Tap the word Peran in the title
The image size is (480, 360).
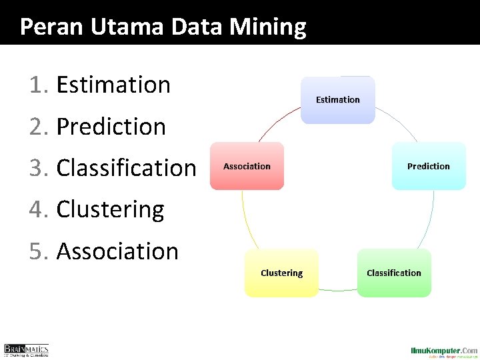[44, 27]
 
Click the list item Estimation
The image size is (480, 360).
[113, 85]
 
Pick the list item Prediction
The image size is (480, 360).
[111, 127]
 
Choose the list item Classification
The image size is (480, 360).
[126, 168]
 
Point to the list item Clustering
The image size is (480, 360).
[110, 209]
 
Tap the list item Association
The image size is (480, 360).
[117, 251]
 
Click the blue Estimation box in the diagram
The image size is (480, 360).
[338, 100]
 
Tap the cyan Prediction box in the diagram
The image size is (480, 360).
[428, 166]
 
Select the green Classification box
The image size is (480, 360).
[394, 273]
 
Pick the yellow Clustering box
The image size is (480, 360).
[281, 273]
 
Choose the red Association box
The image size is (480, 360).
[247, 166]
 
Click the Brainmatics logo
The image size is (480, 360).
[27, 350]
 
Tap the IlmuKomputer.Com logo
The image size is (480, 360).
[444, 351]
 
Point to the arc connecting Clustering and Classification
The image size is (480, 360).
[337, 290]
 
